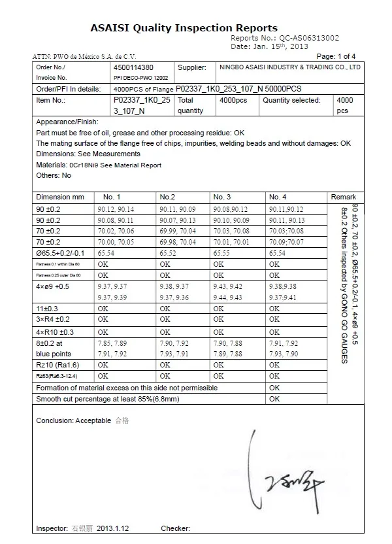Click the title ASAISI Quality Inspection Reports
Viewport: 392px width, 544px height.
[x=184, y=28]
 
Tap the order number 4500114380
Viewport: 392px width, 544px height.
[x=133, y=67]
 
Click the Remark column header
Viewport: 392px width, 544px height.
[x=344, y=197]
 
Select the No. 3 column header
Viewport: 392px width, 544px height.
[x=222, y=197]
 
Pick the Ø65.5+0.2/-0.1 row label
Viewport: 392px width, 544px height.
[x=61, y=252]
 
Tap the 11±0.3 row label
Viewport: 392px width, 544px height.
[x=48, y=309]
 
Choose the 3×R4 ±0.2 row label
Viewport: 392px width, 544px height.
[x=53, y=320]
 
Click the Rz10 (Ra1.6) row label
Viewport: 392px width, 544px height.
[x=57, y=365]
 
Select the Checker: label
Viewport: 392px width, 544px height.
[x=175, y=528]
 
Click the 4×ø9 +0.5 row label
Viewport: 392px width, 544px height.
[x=54, y=286]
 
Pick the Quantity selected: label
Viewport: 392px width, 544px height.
[x=291, y=101]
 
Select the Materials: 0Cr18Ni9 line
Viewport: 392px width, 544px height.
[x=99, y=165]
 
